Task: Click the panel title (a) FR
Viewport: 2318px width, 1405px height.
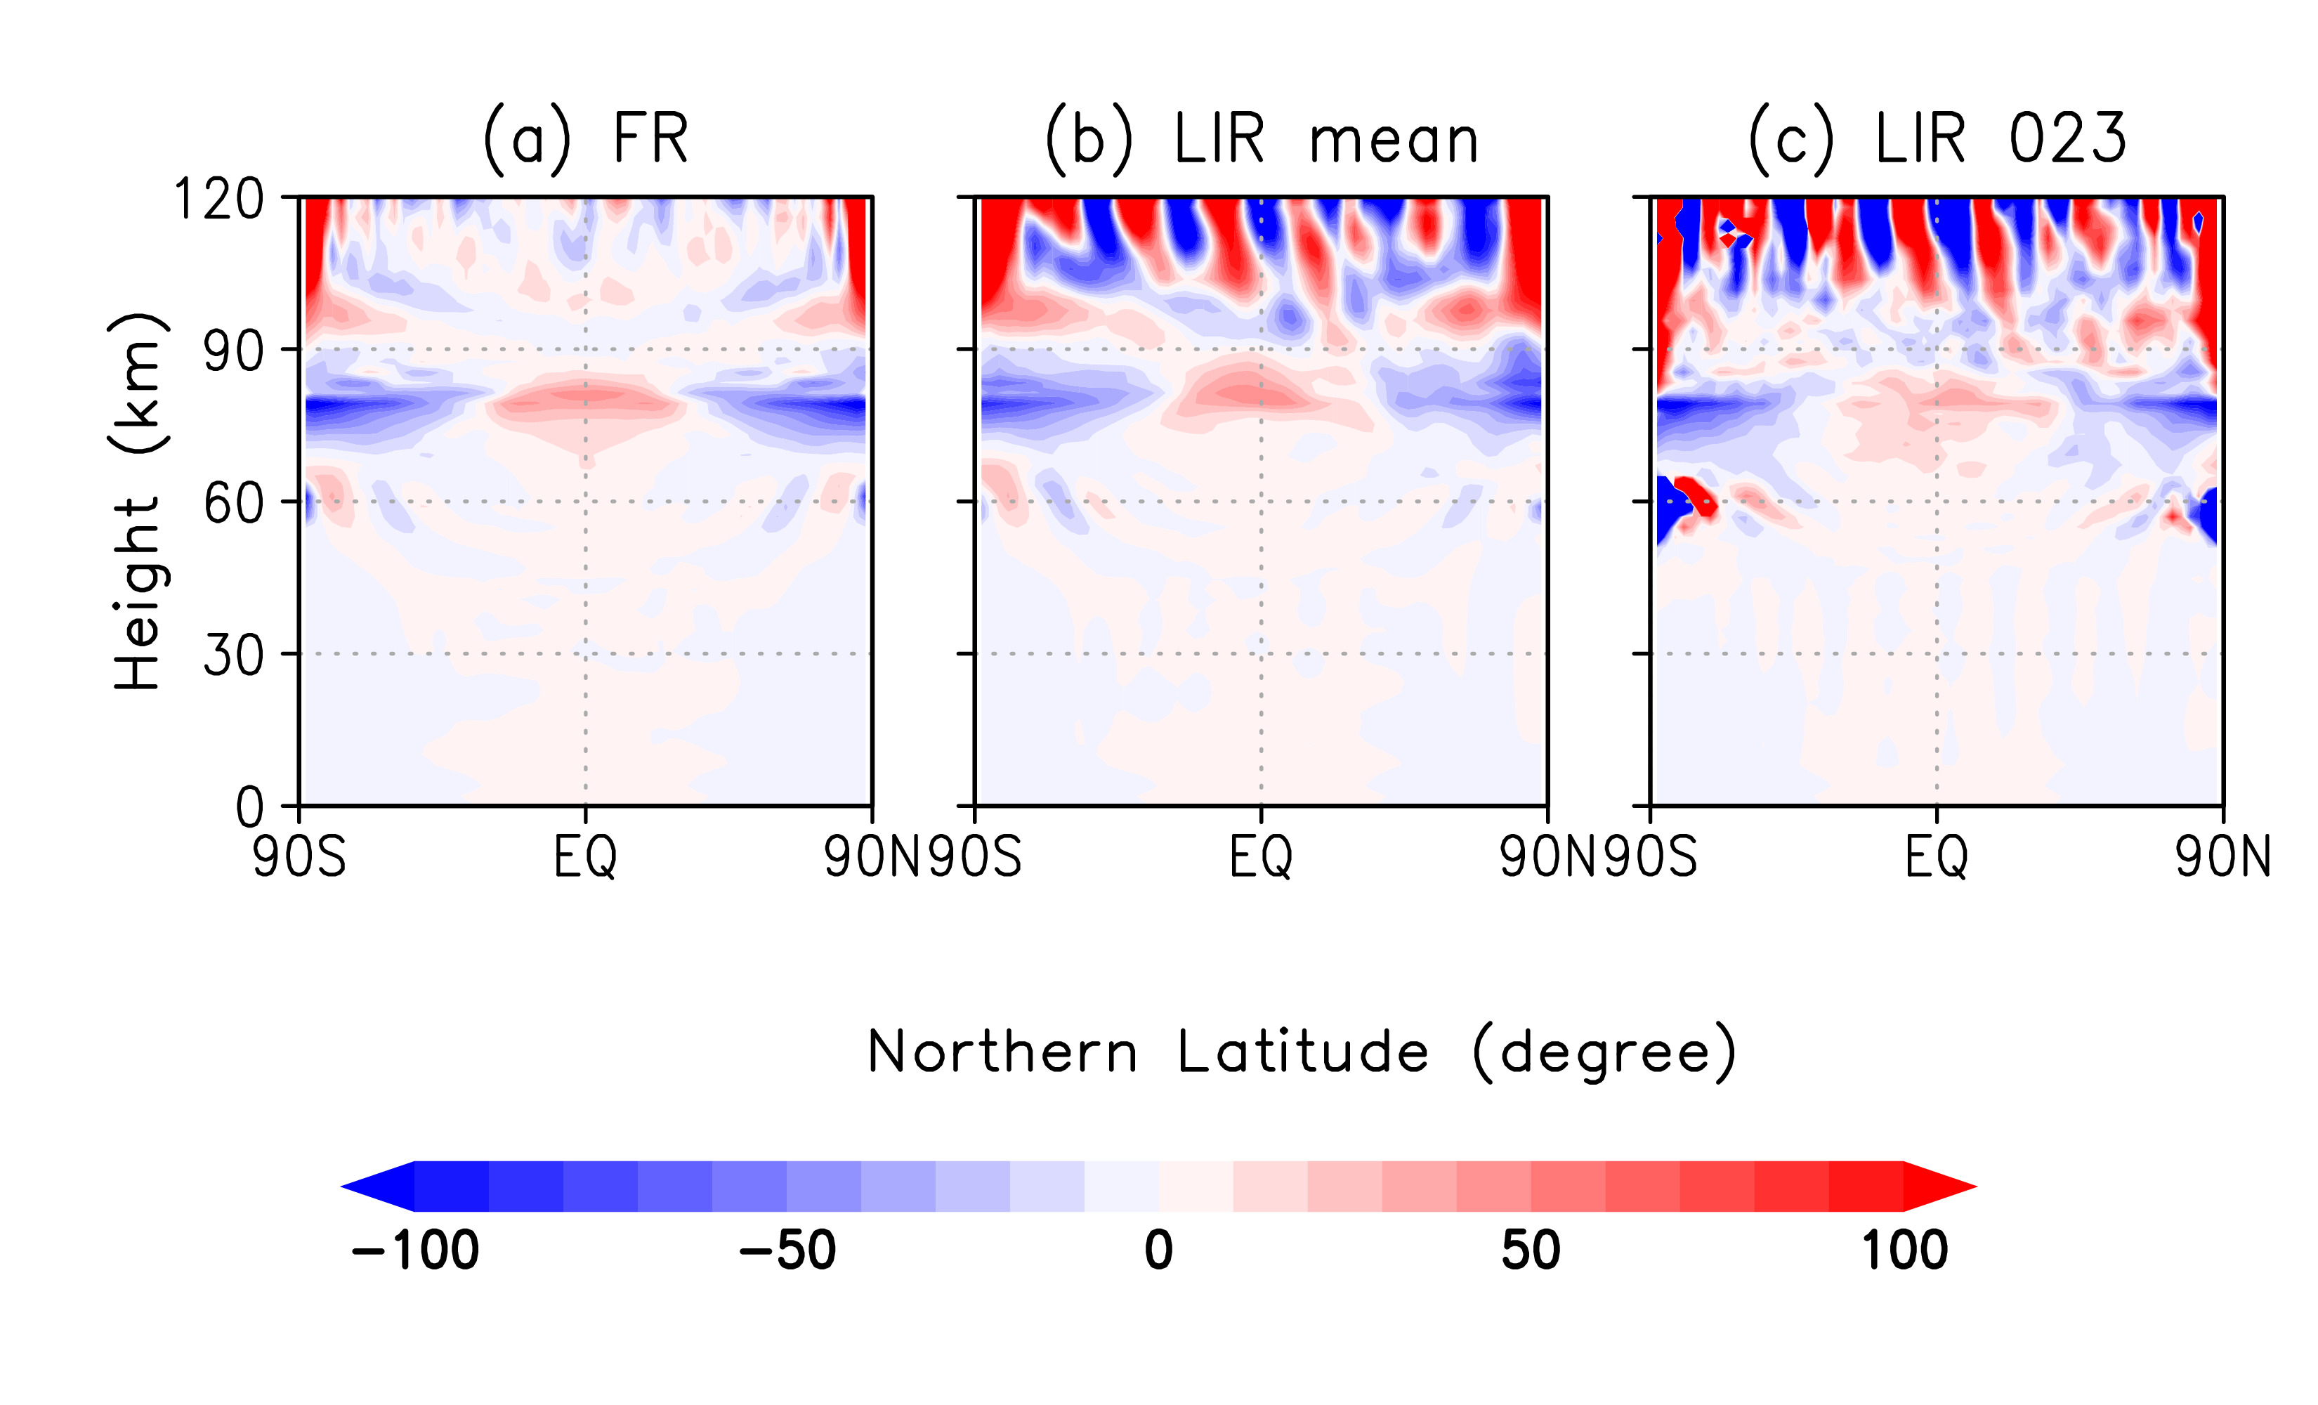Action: [x=585, y=139]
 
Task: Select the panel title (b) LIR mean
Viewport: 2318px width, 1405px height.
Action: [x=1262, y=139]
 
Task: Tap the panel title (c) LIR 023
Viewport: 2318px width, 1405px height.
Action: [x=1938, y=139]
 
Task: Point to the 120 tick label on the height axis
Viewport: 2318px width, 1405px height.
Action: [x=219, y=200]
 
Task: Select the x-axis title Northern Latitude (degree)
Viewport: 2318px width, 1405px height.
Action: [x=1302, y=1052]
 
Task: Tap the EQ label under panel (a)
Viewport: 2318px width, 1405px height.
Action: [x=585, y=857]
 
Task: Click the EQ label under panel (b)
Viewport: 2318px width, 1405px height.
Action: [x=1261, y=857]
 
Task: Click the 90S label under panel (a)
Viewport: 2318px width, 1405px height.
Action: [x=299, y=857]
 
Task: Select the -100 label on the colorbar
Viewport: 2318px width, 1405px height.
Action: [x=415, y=1252]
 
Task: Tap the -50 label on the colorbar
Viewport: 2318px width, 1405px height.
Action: [x=787, y=1252]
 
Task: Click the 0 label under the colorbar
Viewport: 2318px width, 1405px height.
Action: [x=1159, y=1252]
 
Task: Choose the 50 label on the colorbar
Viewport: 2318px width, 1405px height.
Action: [x=1531, y=1252]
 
